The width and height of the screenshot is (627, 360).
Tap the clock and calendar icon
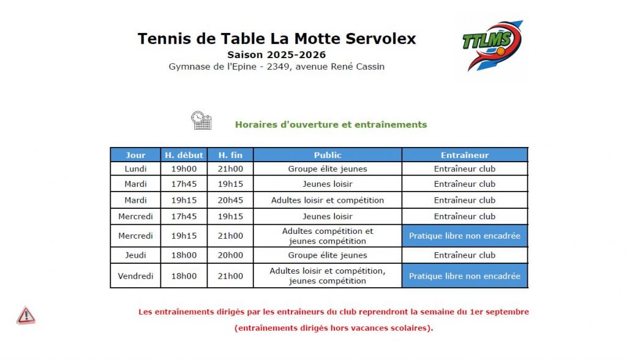(201, 120)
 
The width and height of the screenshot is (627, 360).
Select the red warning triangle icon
(26, 315)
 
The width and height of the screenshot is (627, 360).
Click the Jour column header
(135, 155)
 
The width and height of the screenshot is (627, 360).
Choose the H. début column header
(184, 155)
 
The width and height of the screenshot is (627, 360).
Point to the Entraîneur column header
(465, 155)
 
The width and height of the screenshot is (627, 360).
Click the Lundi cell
(135, 169)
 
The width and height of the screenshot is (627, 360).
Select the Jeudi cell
(135, 255)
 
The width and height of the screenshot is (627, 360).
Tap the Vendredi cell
(135, 276)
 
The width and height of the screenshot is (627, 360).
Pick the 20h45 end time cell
(230, 200)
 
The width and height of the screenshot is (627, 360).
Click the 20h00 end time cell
(230, 255)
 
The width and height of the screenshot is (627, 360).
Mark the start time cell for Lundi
(184, 169)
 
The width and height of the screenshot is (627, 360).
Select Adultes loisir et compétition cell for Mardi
(328, 200)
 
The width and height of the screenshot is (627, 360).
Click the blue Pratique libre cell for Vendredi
(465, 276)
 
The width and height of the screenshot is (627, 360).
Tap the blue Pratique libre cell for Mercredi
(465, 236)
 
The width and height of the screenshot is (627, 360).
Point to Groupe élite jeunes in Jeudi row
(328, 255)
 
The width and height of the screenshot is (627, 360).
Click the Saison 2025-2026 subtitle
(276, 55)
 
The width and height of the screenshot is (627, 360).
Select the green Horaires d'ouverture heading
(331, 124)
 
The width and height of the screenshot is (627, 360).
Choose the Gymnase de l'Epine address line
(277, 67)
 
